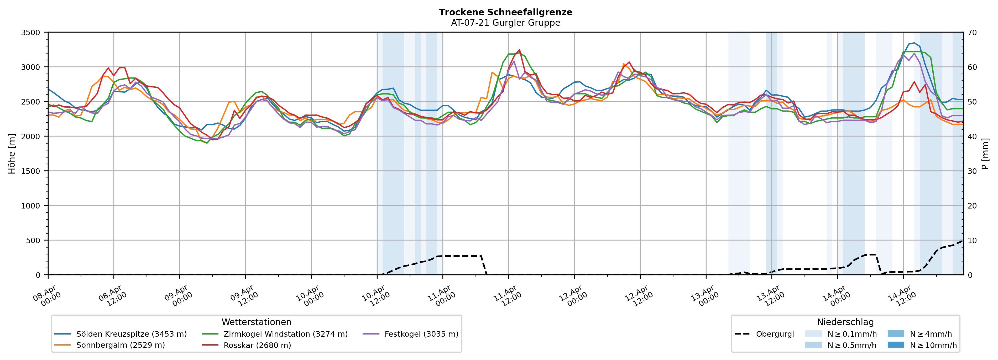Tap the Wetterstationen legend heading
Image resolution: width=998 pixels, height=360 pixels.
point(257,322)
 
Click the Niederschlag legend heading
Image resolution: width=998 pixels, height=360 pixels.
point(845,322)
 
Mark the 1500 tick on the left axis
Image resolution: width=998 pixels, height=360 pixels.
point(31,171)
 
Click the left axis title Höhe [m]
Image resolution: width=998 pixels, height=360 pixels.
point(12,153)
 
